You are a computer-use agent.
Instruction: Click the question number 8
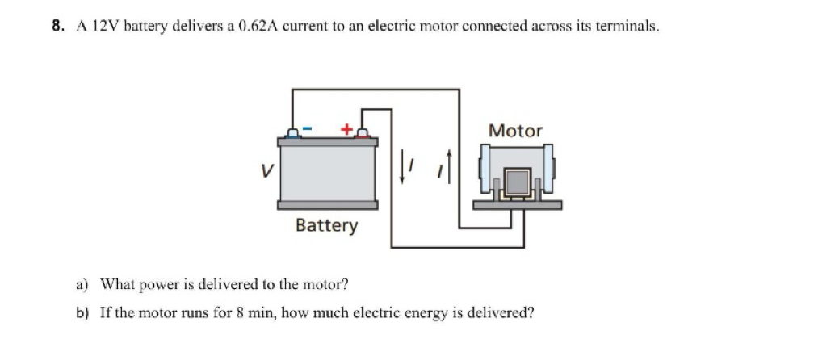57,26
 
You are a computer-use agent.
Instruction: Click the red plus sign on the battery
346,128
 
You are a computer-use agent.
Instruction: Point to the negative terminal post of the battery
293,133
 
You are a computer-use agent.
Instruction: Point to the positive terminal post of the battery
363,133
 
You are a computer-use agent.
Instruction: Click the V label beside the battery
266,170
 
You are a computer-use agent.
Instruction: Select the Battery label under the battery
326,226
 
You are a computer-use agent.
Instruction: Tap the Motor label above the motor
515,131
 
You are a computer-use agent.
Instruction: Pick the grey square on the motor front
518,182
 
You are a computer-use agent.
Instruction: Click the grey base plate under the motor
517,205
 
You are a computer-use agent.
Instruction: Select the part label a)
82,285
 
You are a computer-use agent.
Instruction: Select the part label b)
82,313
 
